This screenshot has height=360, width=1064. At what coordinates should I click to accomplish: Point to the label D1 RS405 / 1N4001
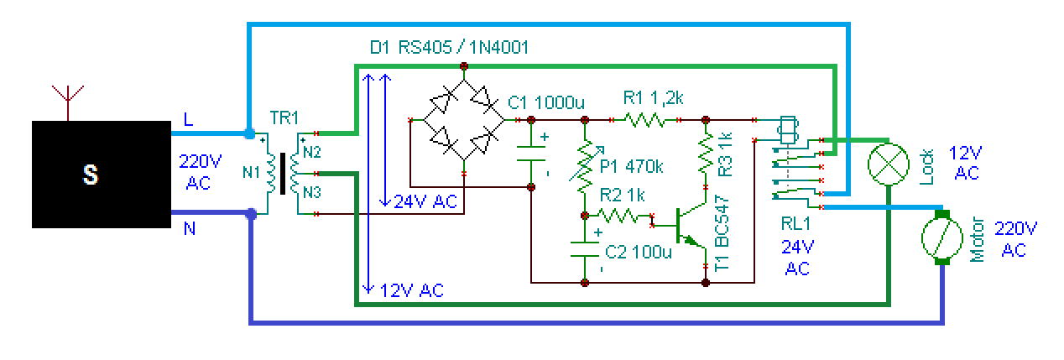point(450,48)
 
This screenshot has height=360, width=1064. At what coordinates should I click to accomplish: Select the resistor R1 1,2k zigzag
point(644,119)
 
